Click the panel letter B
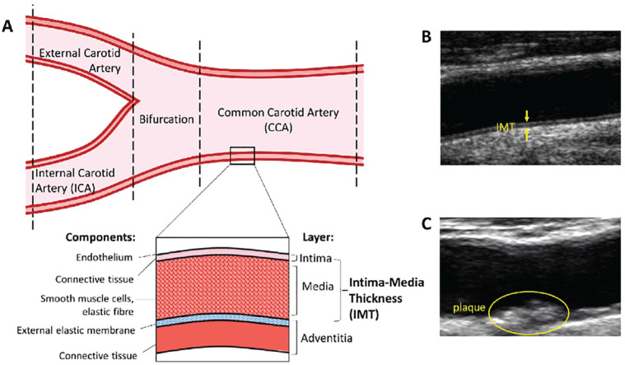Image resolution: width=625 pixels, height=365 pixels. (x=427, y=37)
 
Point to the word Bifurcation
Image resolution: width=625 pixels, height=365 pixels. (x=167, y=119)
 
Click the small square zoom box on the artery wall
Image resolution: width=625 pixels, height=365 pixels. (x=243, y=155)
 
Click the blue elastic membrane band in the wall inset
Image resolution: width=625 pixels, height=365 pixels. (x=222, y=321)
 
